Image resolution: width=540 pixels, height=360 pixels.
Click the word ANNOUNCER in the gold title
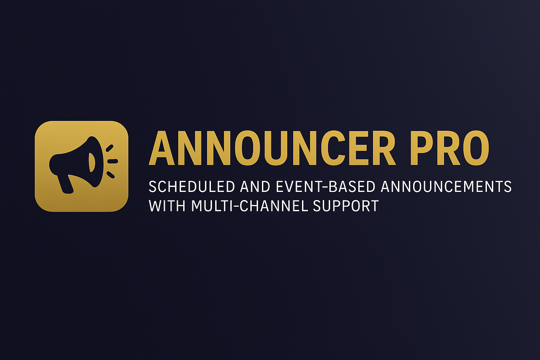coord(272,148)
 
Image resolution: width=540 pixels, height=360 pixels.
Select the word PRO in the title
coord(449,148)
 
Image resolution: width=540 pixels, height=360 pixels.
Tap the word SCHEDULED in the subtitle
coord(192,187)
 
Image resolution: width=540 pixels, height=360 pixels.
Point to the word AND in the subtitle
coord(255,187)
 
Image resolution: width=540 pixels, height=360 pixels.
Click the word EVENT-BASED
coord(325,187)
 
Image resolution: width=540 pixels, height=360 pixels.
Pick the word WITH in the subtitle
coord(167,206)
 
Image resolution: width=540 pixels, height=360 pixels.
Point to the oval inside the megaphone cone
coord(92,162)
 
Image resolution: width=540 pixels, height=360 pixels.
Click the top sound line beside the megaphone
coord(110,148)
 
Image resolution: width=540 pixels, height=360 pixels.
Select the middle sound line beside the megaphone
coord(112,161)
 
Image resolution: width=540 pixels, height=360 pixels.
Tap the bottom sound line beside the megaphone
coord(110,174)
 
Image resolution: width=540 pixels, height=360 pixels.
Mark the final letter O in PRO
coord(476,148)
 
